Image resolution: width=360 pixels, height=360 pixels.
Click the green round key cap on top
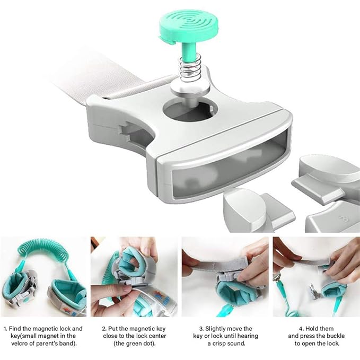[x=189, y=25]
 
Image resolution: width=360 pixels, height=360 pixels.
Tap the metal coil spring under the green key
[x=190, y=68]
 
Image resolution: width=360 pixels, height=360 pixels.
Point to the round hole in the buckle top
[x=189, y=110]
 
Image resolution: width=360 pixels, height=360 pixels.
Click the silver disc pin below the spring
[x=190, y=88]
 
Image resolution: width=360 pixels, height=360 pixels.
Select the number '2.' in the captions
[x=104, y=329]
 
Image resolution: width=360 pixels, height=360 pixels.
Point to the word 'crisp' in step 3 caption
[x=219, y=344]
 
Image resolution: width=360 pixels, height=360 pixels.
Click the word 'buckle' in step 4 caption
[x=335, y=336]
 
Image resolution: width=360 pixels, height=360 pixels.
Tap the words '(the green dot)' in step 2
[x=135, y=344]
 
